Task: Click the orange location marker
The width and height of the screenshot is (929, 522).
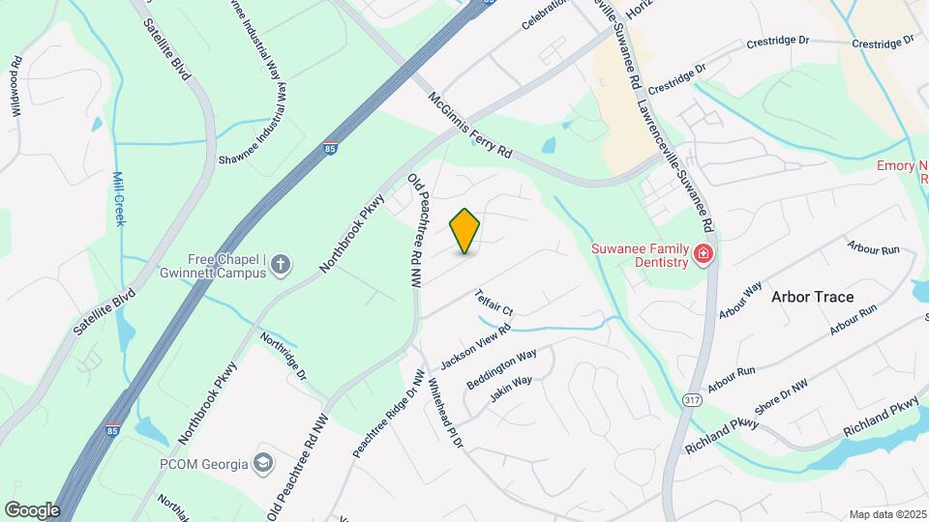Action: pyautogui.click(x=465, y=230)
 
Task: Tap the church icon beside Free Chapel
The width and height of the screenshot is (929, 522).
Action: pyautogui.click(x=281, y=264)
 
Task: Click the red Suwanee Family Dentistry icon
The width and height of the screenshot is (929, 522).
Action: pyautogui.click(x=704, y=254)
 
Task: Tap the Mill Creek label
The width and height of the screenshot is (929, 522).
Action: pyautogui.click(x=119, y=199)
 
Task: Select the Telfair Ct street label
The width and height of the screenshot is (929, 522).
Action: pyautogui.click(x=493, y=303)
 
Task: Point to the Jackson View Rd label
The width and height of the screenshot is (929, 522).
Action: pyautogui.click(x=475, y=347)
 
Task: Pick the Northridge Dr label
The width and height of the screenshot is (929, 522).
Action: pyautogui.click(x=284, y=355)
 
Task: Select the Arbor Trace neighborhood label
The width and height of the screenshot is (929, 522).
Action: pyautogui.click(x=813, y=297)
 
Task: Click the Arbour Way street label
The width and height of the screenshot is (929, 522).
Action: pyautogui.click(x=740, y=301)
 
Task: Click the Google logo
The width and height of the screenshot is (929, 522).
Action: pyautogui.click(x=32, y=509)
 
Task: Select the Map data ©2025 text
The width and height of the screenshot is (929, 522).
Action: pyautogui.click(x=887, y=514)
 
